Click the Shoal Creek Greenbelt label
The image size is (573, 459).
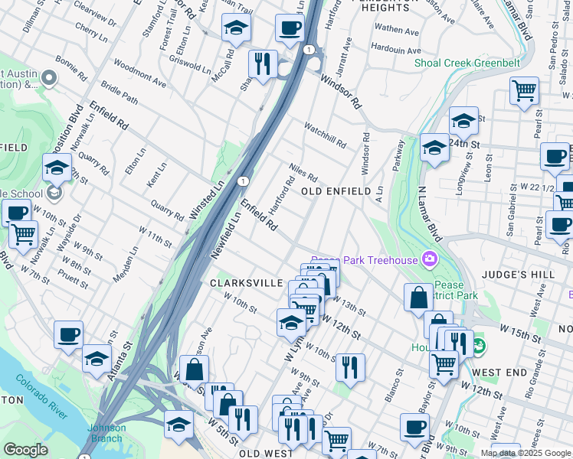pyautogui.click(x=467, y=63)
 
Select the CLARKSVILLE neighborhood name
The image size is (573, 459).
pyautogui.click(x=247, y=283)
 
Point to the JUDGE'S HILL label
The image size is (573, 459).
pyautogui.click(x=513, y=273)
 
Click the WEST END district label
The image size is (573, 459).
pyautogui.click(x=499, y=372)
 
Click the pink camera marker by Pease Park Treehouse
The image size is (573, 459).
pyautogui.click(x=429, y=260)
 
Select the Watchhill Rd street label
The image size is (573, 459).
pyautogui.click(x=325, y=135)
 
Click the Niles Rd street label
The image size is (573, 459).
pyautogui.click(x=303, y=172)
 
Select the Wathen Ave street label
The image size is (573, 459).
pyautogui.click(x=397, y=31)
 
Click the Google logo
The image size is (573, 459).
pyautogui.click(x=25, y=450)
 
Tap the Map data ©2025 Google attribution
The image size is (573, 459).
pyautogui.click(x=526, y=453)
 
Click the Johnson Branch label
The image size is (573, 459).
pyautogui.click(x=106, y=432)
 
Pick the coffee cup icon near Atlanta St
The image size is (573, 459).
pyautogui.click(x=69, y=335)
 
